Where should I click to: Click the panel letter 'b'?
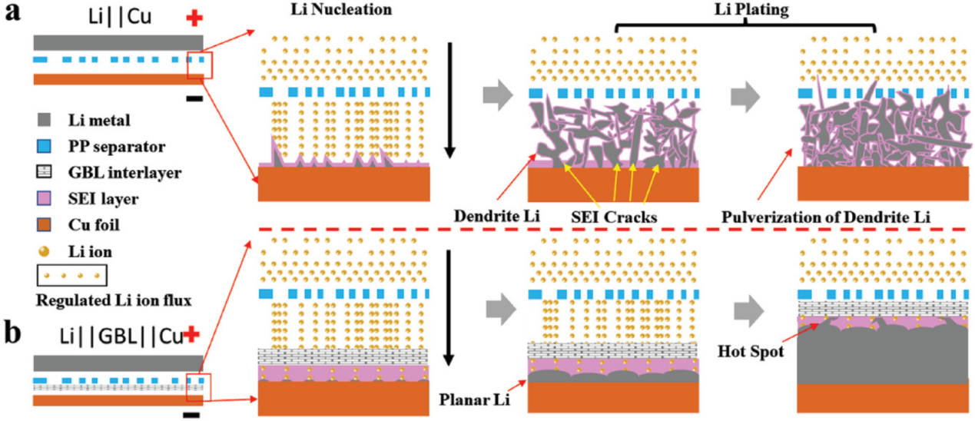point(13,333)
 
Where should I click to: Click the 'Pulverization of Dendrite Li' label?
point(827,217)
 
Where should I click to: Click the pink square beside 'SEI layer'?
point(43,198)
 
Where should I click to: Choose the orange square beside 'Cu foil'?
point(43,224)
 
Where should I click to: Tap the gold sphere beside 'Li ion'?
point(43,250)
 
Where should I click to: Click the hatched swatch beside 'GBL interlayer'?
point(43,172)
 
